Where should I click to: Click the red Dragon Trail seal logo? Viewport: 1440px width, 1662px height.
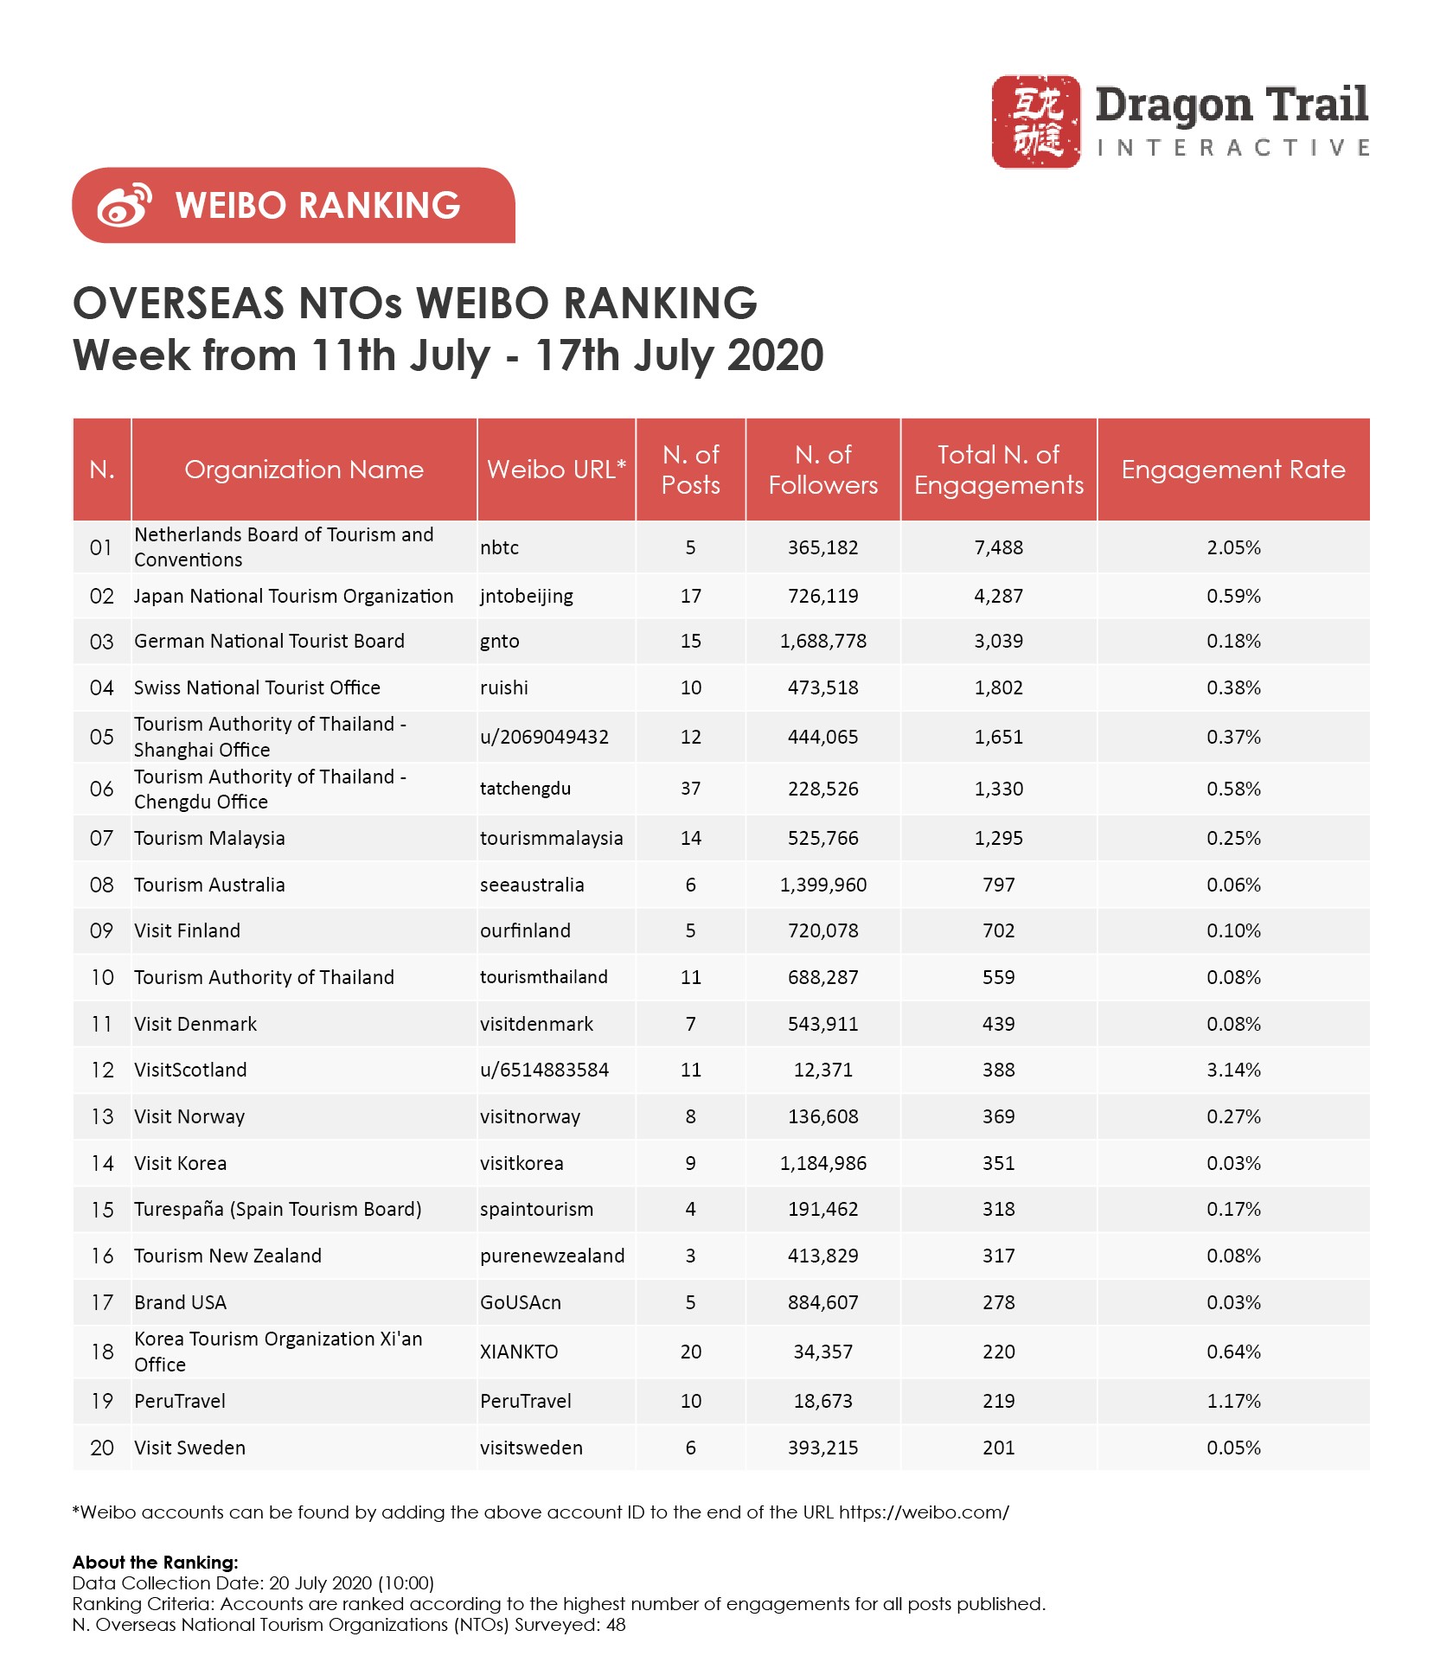click(1035, 121)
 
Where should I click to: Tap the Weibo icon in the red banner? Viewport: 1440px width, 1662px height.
click(124, 206)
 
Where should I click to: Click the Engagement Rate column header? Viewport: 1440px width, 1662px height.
click(1232, 470)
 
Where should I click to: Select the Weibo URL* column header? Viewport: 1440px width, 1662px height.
click(556, 470)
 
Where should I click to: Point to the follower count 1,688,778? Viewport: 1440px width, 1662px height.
click(822, 642)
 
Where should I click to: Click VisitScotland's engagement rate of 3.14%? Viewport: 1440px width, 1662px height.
click(1233, 1071)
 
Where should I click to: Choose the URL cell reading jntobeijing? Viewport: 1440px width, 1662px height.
click(526, 597)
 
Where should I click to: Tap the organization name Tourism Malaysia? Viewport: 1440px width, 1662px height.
click(209, 839)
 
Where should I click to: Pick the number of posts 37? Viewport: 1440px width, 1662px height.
click(690, 789)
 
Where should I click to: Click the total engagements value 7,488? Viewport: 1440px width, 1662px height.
click(998, 548)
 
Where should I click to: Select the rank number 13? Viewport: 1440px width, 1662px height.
click(102, 1117)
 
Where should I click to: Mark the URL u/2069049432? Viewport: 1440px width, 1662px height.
click(544, 738)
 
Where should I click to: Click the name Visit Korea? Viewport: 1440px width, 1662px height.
click(180, 1164)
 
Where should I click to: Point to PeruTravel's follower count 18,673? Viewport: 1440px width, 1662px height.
click(822, 1402)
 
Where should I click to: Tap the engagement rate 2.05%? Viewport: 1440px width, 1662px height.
click(1233, 548)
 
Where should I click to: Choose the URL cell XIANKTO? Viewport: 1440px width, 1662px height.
click(519, 1352)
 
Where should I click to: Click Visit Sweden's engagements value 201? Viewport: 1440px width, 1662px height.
click(998, 1448)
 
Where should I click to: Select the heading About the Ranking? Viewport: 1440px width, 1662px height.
click(155, 1563)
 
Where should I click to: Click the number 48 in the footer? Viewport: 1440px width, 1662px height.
click(615, 1625)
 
